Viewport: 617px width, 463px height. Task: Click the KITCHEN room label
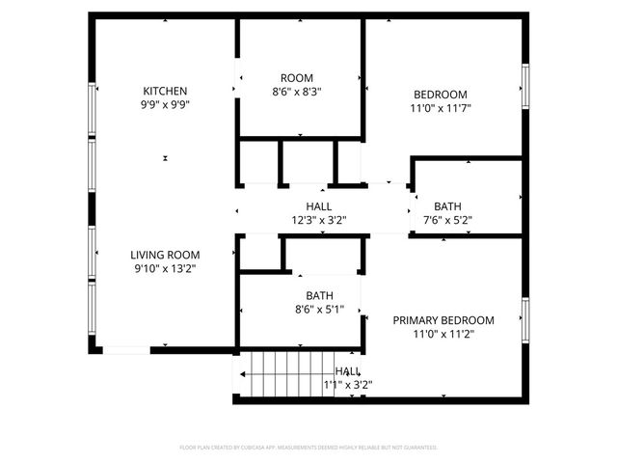coord(165,92)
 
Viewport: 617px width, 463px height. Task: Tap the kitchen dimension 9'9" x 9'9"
coord(165,107)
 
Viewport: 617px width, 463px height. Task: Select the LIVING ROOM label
coord(165,255)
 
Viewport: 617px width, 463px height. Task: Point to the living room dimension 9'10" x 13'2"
coord(165,270)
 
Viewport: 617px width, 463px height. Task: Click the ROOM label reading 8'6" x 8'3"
coord(297,78)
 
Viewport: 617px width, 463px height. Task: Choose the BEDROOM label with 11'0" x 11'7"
coord(441,95)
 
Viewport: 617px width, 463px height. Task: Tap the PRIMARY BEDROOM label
coord(443,320)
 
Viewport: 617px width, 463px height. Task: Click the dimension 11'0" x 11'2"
coord(443,335)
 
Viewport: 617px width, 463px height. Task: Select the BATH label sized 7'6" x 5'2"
coord(447,206)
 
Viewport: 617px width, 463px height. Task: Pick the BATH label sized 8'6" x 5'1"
coord(319,296)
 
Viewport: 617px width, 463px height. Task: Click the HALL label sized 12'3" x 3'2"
coord(319,206)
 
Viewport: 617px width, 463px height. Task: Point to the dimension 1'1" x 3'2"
coord(347,385)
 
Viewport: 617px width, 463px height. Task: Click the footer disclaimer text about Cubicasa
coord(308,448)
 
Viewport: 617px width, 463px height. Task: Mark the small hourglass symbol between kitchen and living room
coord(166,158)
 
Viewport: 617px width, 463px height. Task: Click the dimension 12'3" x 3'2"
coord(319,221)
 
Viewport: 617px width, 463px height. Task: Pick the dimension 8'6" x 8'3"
coord(297,93)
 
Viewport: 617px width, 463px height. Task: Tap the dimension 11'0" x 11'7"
coord(441,110)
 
